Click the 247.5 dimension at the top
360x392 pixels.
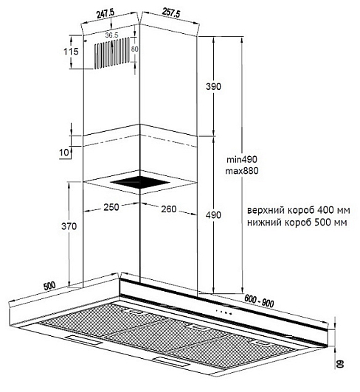point(105,14)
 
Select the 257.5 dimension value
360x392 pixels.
point(171,13)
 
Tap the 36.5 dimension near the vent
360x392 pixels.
point(111,35)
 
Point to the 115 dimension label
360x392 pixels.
point(71,52)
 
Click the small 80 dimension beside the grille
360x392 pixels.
point(135,49)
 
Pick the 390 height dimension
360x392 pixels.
point(213,86)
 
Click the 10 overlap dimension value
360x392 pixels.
point(64,152)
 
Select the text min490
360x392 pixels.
point(242,159)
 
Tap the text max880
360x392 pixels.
point(242,171)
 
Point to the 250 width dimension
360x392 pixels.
point(111,207)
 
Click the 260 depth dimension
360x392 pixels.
point(169,209)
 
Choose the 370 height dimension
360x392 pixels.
point(69,226)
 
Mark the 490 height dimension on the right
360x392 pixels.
point(213,214)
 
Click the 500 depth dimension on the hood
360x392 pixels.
point(49,286)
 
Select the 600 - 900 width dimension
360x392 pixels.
point(259,301)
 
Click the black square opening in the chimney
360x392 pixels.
point(140,183)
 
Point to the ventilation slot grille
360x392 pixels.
point(112,53)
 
